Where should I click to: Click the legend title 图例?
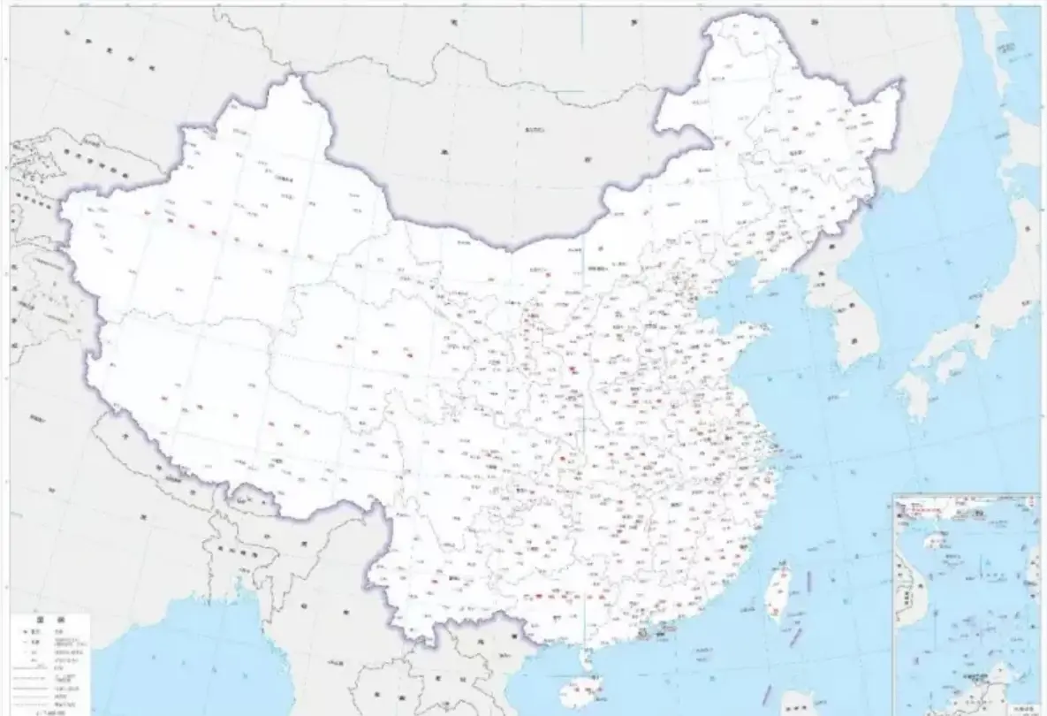click(x=49, y=620)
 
